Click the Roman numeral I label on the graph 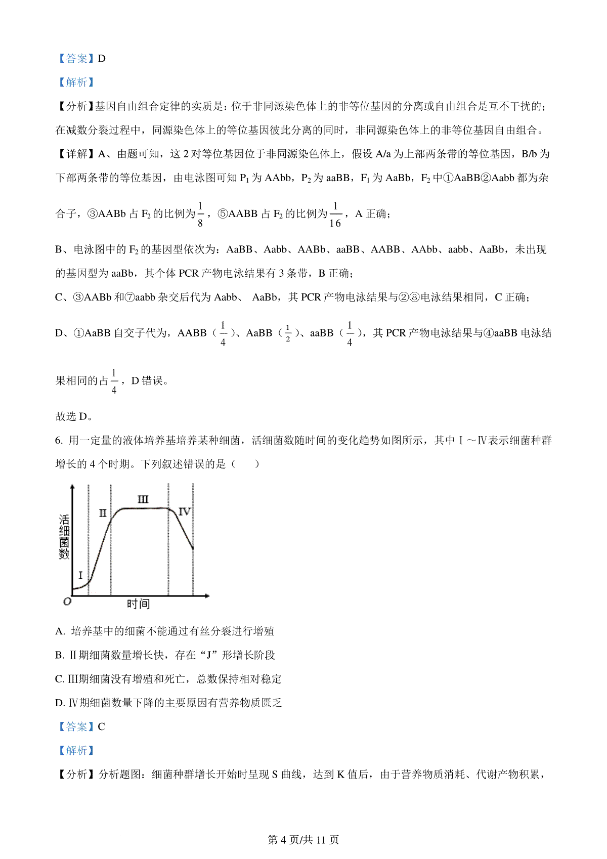(80, 576)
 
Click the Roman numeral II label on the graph (103, 513)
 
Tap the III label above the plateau (143, 500)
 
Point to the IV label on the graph (184, 511)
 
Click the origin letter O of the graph (67, 602)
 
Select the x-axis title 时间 (138, 604)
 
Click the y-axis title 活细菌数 (64, 537)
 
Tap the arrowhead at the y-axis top (72, 488)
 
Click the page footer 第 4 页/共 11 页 (303, 840)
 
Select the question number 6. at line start (59, 441)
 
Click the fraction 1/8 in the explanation (200, 214)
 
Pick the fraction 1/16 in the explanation (335, 214)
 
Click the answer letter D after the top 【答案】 (102, 59)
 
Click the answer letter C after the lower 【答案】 (101, 727)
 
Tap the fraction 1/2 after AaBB (288, 333)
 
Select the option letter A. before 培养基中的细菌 (60, 631)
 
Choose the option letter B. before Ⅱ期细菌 (60, 655)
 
